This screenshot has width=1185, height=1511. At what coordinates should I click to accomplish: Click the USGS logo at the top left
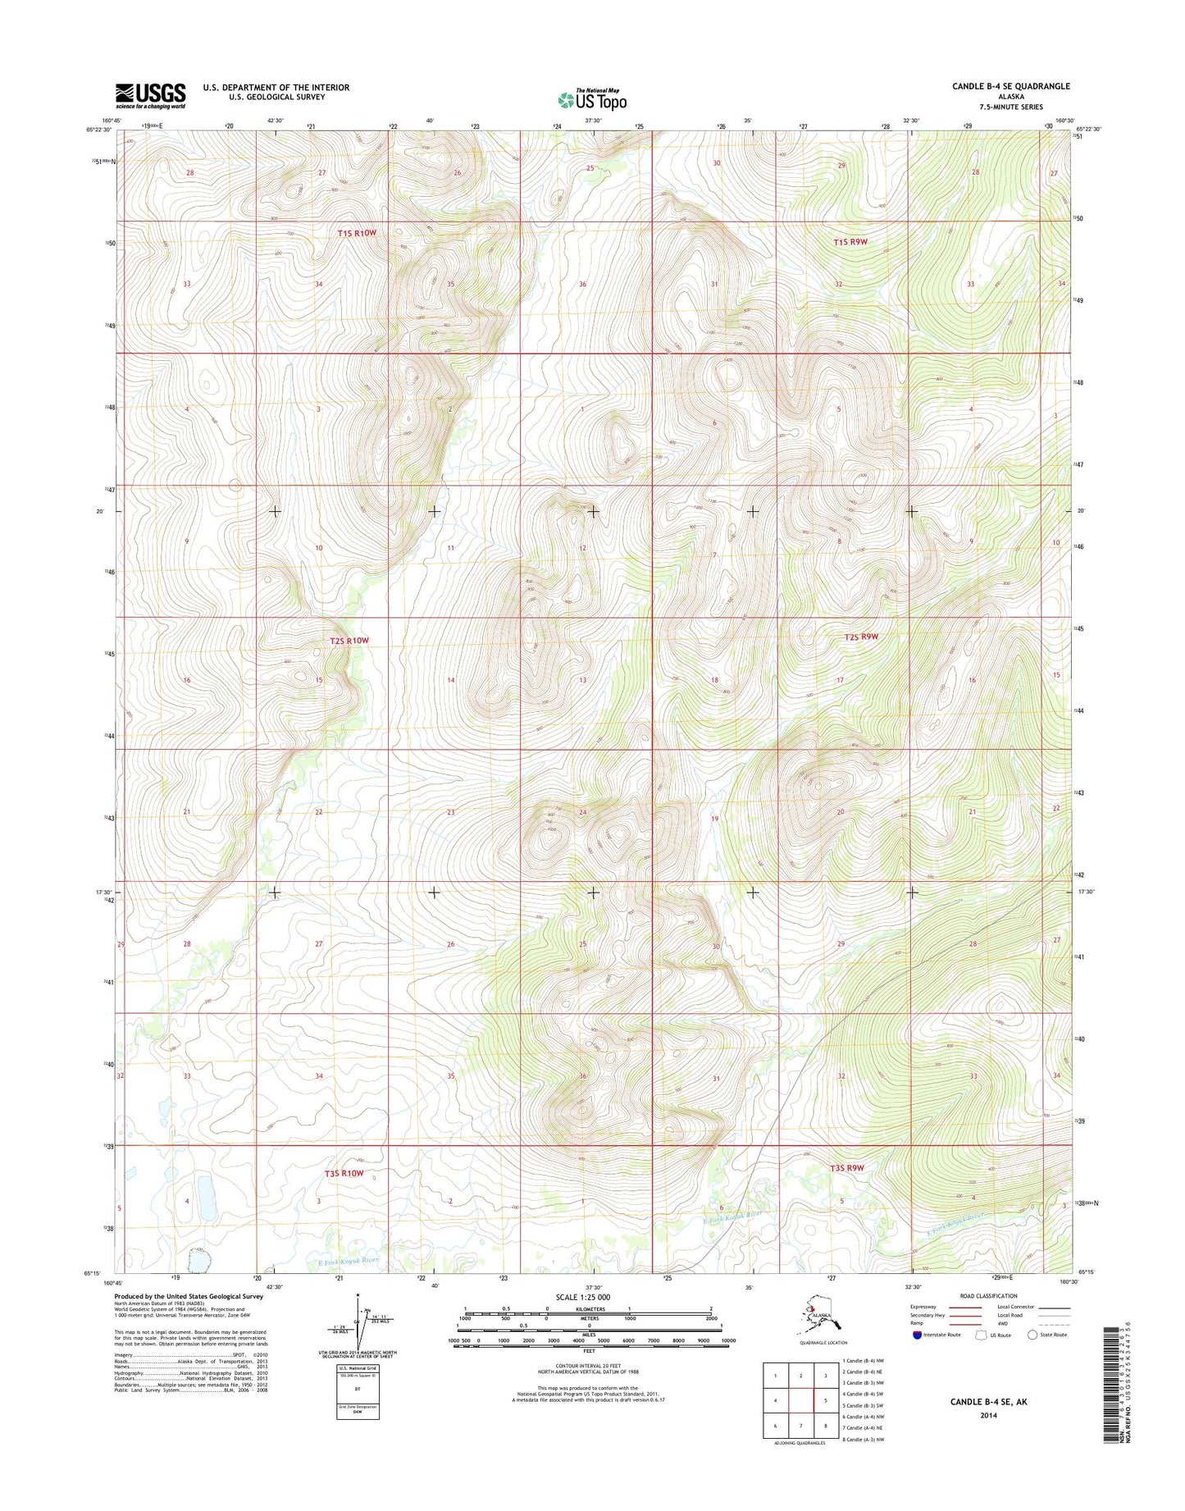point(150,95)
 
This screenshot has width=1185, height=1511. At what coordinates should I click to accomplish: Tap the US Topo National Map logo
point(592,99)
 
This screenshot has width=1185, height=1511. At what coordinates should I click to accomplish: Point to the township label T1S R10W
point(357,233)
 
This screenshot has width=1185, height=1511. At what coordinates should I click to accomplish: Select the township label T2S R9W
point(861,637)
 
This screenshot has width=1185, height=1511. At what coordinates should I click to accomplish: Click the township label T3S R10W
point(344,1174)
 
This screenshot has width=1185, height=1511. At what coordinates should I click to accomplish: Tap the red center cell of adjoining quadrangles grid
point(800,1399)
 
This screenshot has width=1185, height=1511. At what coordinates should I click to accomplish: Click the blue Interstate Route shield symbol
point(916,1335)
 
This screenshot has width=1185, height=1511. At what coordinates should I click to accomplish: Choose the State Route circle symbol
point(1032,1335)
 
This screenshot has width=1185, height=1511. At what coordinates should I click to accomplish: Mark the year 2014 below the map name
point(988,1415)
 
